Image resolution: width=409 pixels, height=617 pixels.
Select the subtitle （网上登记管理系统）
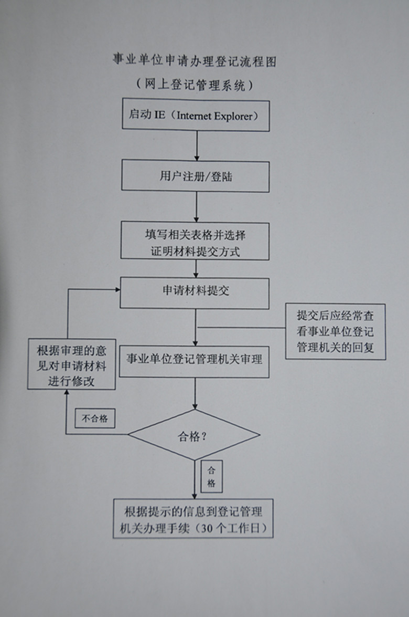pyautogui.click(x=195, y=84)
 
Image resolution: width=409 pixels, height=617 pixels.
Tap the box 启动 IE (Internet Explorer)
pyautogui.click(x=196, y=115)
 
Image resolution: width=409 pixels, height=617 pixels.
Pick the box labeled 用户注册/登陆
pyautogui.click(x=195, y=176)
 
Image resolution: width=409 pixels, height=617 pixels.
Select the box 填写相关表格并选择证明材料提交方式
pyautogui.click(x=195, y=241)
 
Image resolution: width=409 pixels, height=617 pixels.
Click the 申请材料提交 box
pyautogui.click(x=195, y=293)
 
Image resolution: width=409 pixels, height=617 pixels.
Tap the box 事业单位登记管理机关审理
pyautogui.click(x=194, y=362)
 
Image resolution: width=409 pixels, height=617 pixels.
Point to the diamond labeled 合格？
pyautogui.click(x=194, y=435)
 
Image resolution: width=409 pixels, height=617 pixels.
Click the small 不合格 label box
pyautogui.click(x=95, y=419)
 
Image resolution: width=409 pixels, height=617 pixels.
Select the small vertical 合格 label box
pyautogui.click(x=211, y=476)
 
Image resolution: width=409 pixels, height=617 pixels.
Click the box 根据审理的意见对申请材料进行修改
pyautogui.click(x=71, y=364)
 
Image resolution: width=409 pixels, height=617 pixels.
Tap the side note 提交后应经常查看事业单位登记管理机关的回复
pyautogui.click(x=335, y=331)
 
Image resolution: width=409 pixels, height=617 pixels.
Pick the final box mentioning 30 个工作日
pyautogui.click(x=193, y=519)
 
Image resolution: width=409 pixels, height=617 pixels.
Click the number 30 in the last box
pyautogui.click(x=207, y=528)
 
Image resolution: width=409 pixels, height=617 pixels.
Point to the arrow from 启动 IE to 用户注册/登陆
pyautogui.click(x=197, y=145)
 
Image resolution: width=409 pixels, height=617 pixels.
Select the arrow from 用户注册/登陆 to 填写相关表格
pyautogui.click(x=196, y=207)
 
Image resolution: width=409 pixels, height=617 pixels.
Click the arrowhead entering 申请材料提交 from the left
pyautogui.click(x=117, y=290)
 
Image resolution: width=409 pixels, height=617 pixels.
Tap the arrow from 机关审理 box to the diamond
pyautogui.click(x=195, y=393)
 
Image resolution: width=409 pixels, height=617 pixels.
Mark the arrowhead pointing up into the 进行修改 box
pyautogui.click(x=67, y=393)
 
